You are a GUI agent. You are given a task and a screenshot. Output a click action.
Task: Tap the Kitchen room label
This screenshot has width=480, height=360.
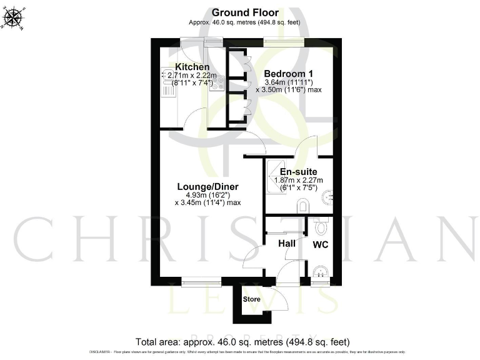click(192, 67)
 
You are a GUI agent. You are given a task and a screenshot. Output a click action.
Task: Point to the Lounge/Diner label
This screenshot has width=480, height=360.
click(207, 187)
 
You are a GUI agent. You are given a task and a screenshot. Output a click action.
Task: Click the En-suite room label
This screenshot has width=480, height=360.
click(297, 172)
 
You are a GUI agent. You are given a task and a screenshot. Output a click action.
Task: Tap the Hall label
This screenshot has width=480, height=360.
click(287, 244)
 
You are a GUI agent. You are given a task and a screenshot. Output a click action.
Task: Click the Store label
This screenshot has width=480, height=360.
click(251, 299)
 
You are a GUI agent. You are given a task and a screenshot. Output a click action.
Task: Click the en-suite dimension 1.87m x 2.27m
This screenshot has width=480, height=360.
click(298, 181)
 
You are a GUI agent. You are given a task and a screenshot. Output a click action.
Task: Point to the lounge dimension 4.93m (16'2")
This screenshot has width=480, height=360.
click(207, 196)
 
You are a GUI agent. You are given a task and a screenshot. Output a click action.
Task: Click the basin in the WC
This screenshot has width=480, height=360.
click(320, 272)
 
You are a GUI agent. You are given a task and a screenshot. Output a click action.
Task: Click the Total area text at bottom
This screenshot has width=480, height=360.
click(242, 342)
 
